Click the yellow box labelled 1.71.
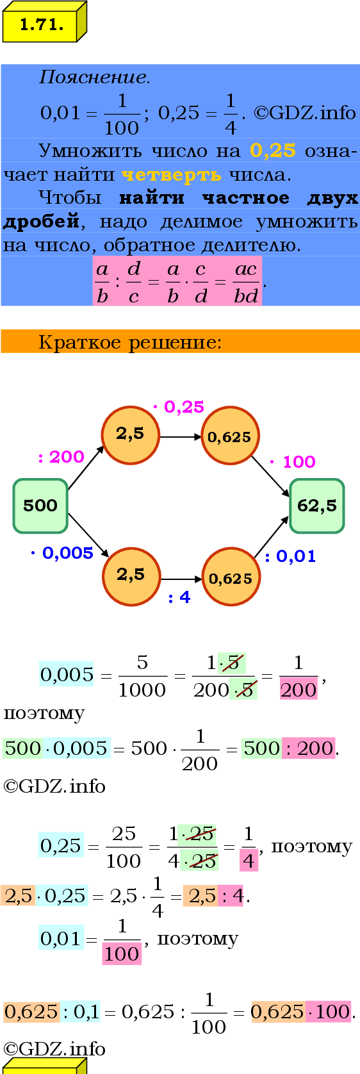click(x=45, y=22)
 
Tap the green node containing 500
click(x=40, y=506)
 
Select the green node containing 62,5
click(x=317, y=506)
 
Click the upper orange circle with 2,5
click(x=131, y=435)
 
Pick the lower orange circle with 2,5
click(x=131, y=576)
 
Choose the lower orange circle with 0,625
click(x=231, y=577)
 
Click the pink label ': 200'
click(x=61, y=457)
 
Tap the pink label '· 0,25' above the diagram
click(x=179, y=407)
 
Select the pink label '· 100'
click(x=292, y=462)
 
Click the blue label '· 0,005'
click(x=62, y=553)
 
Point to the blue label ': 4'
click(x=179, y=597)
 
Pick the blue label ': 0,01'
click(x=290, y=557)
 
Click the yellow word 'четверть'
click(x=172, y=175)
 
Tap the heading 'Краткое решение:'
click(x=130, y=342)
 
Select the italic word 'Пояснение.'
click(x=94, y=77)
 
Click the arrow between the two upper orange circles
click(x=181, y=437)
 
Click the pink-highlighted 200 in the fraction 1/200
click(x=298, y=690)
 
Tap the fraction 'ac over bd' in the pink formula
click(x=246, y=283)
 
